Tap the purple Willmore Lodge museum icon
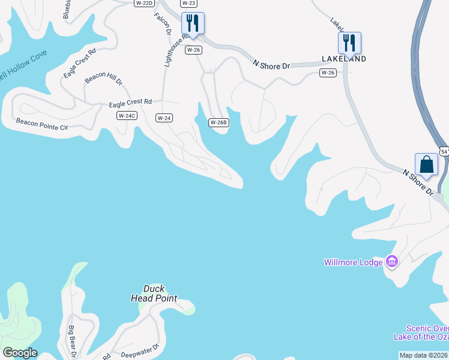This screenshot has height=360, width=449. coord(392,262)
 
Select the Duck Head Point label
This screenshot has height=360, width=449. coord(154,293)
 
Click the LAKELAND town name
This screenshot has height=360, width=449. coord(344,59)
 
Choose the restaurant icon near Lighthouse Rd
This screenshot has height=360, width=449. coord(193,23)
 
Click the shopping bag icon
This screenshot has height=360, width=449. coord(426,164)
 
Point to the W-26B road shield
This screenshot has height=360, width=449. coord(218,122)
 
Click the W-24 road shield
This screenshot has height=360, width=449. coord(164,118)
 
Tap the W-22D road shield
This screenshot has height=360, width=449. coord(143,3)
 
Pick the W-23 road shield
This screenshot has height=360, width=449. coord(188,3)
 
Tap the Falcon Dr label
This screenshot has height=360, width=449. coord(163,24)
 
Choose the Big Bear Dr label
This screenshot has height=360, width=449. coord(71,341)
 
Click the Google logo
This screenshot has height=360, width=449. coord(19,353)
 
